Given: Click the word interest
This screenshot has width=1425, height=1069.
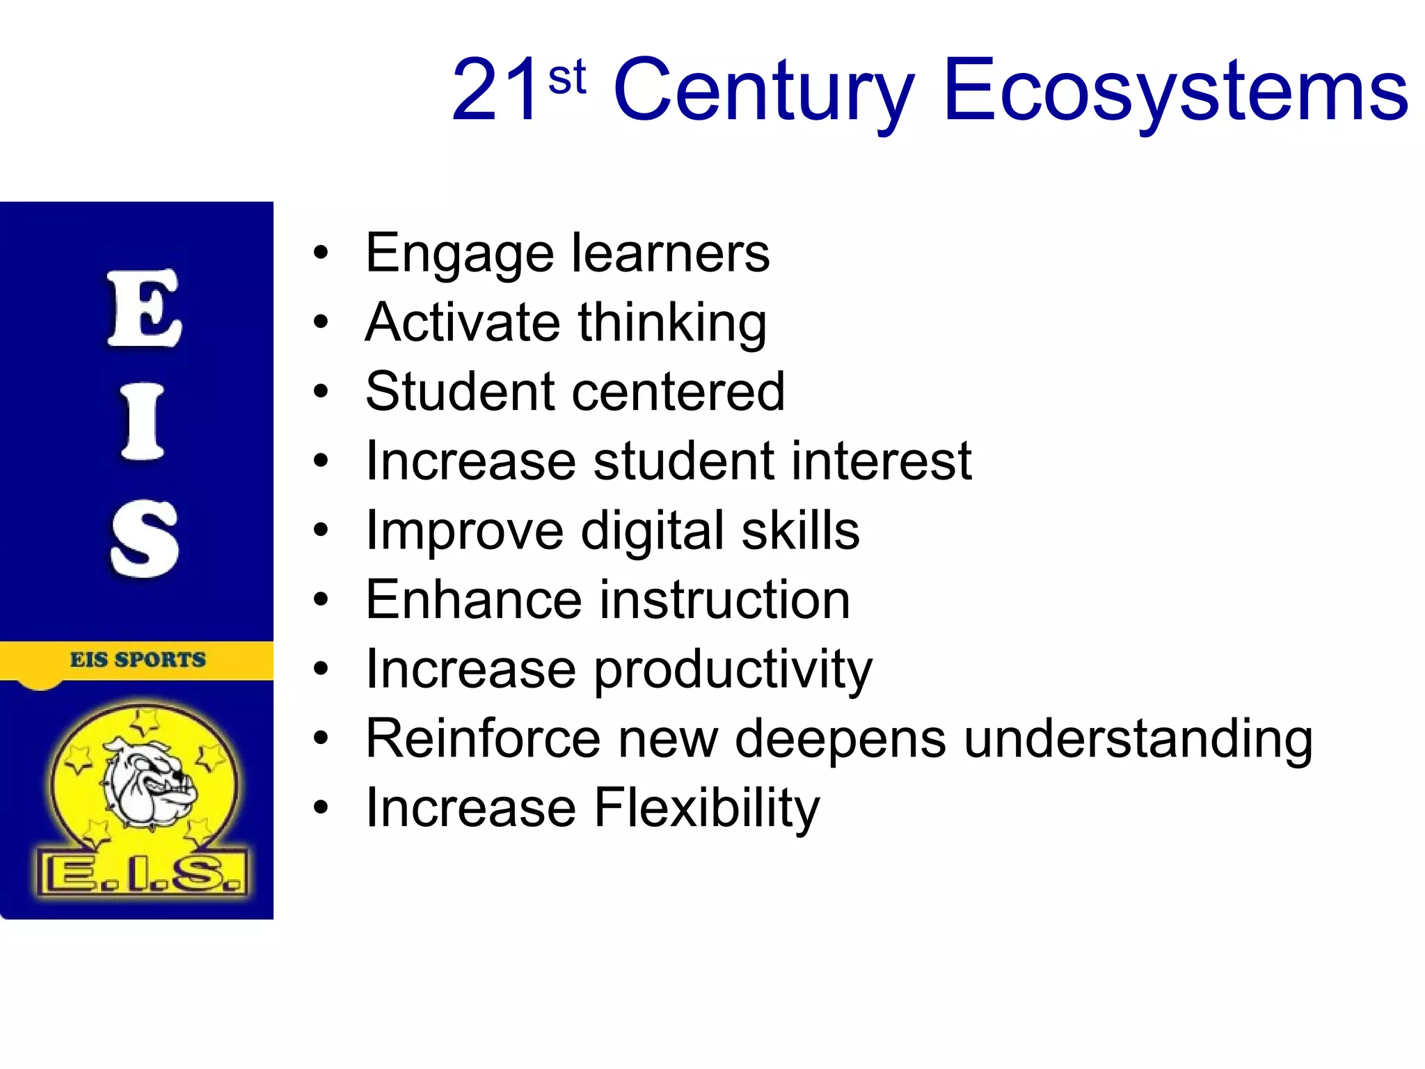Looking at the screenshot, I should coord(881,461).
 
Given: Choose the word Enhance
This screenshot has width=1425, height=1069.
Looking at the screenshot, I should coord(473,600).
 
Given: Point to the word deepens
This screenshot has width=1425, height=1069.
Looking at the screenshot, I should coord(841,739).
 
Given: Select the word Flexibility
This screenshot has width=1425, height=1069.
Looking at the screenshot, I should coord(707,809).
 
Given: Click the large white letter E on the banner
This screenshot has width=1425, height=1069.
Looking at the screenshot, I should coord(144,308).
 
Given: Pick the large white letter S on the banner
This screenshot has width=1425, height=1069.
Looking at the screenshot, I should coord(144,539).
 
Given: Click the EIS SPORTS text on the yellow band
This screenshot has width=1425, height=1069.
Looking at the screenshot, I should coord(138,659).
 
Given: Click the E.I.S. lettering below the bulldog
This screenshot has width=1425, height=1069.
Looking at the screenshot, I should coord(143,873).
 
